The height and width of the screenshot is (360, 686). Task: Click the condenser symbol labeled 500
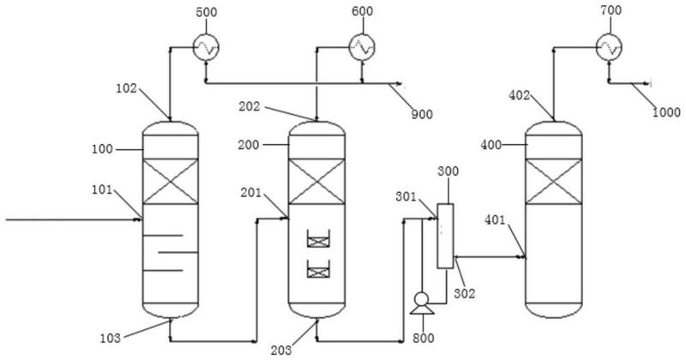(x=206, y=49)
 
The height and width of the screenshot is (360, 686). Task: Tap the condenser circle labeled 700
(x=610, y=48)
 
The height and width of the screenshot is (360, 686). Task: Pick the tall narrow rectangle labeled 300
(x=445, y=236)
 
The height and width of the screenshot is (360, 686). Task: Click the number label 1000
(x=665, y=111)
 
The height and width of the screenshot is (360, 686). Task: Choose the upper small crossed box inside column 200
(x=318, y=243)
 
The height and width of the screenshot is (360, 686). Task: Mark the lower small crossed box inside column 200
(x=318, y=273)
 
